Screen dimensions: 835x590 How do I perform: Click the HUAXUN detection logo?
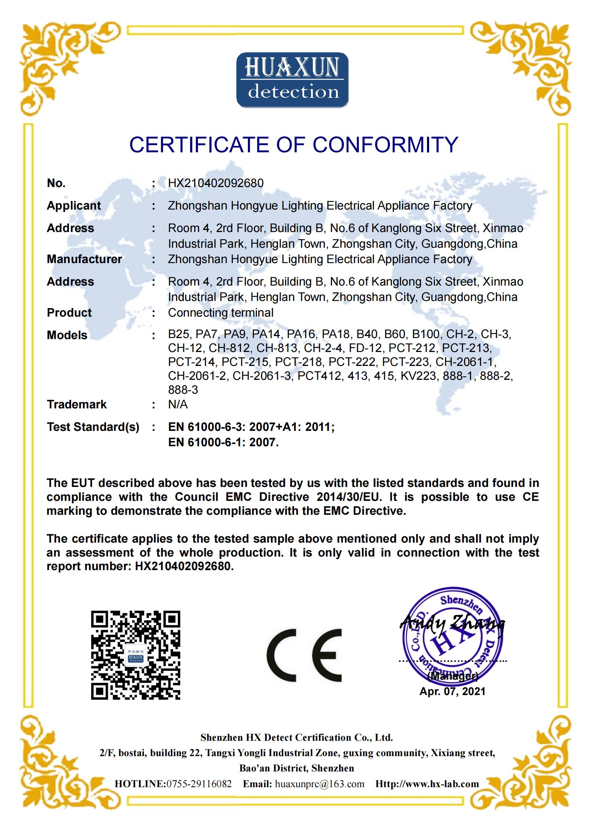[x=293, y=80]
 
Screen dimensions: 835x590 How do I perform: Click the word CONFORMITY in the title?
[x=385, y=145]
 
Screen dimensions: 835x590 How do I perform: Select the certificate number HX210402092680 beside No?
[x=216, y=183]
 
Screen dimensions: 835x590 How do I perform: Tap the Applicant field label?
[x=74, y=206]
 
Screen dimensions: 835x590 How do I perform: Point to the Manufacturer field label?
[x=84, y=259]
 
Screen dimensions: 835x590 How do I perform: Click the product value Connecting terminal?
[x=220, y=312]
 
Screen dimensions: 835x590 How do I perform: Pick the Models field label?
[x=67, y=335]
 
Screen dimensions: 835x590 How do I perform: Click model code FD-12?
[x=365, y=348]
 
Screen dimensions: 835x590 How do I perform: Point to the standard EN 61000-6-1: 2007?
[x=223, y=442]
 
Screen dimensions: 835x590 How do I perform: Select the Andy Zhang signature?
[x=452, y=624]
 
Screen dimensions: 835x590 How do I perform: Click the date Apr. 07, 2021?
[x=452, y=691]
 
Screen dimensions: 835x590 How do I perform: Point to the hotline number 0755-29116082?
[x=199, y=783]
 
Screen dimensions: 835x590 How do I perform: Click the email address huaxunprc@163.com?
[x=319, y=783]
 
